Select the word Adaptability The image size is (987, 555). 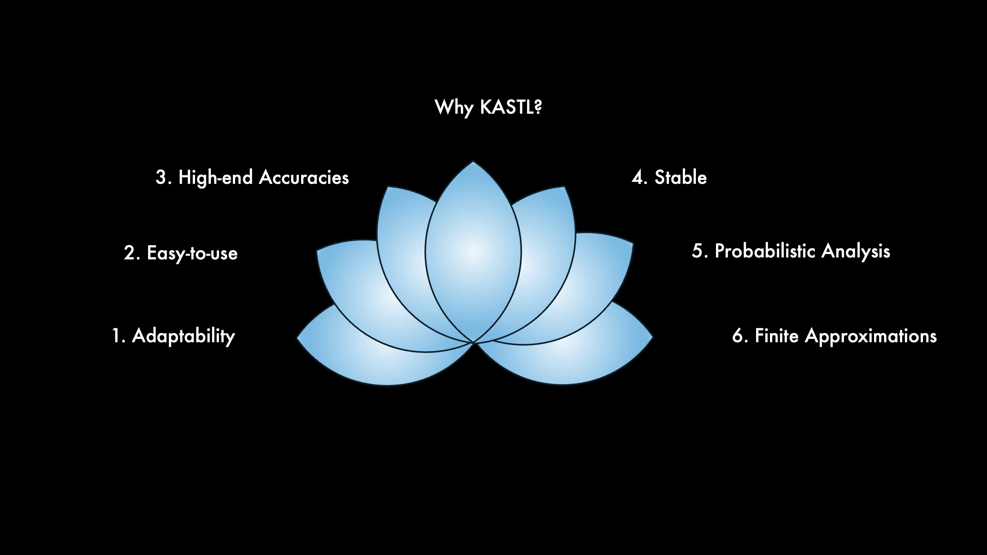coord(184,336)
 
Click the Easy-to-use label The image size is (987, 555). coord(192,253)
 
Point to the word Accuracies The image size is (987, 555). coord(304,178)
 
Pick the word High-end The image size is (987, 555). coord(216,178)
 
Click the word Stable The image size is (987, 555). coord(680,178)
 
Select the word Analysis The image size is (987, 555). coord(856,251)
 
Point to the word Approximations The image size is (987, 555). coord(871,336)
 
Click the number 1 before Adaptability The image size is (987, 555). coord(116,336)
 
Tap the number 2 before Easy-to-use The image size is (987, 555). coord(130,253)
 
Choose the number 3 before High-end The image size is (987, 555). coord(161,178)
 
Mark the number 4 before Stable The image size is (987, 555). coord(637,178)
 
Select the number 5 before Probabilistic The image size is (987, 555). coord(697,251)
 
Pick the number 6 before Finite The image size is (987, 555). coord(738,336)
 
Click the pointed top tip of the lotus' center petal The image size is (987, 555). coord(473,162)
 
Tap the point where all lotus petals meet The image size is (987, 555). coord(473,342)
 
